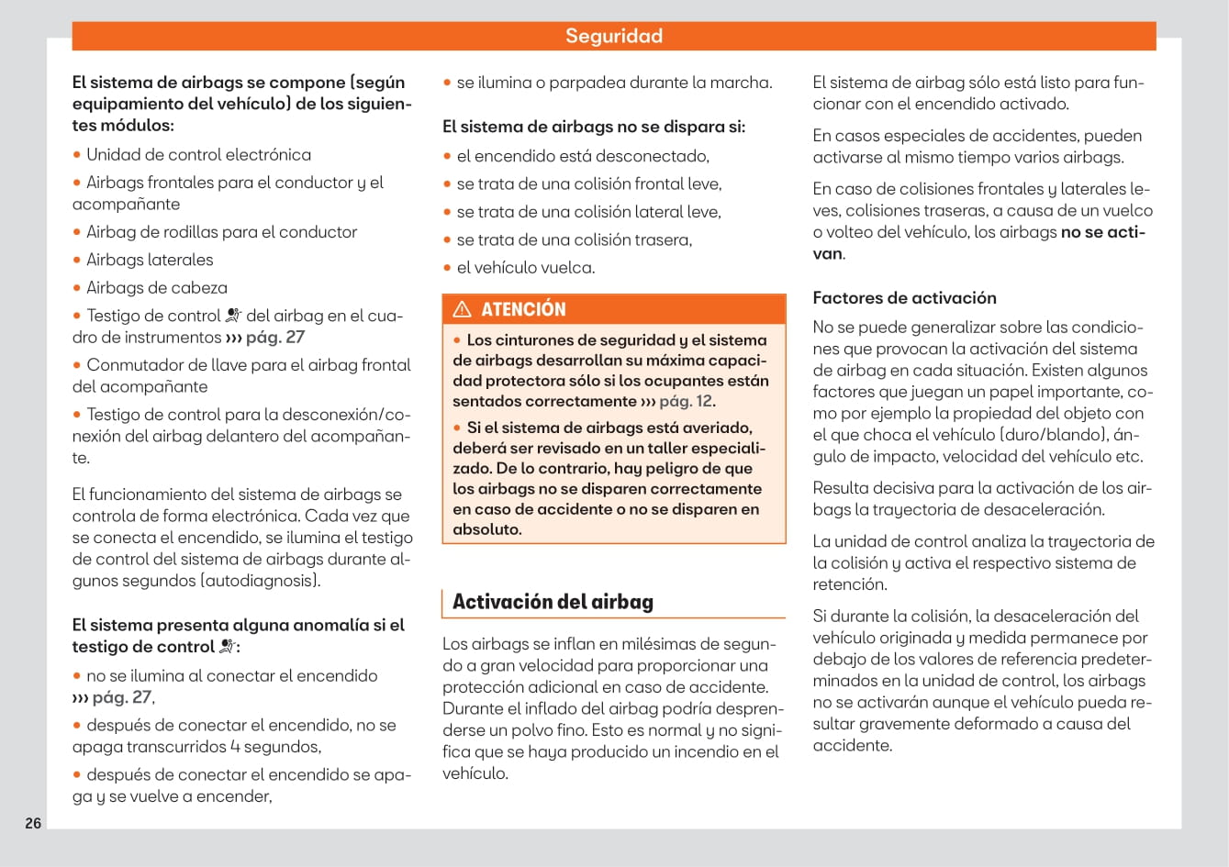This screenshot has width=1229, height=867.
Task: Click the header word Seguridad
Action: (613, 36)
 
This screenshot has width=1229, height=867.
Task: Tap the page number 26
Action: (33, 823)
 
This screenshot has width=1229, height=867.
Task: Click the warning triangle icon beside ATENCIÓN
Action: (462, 309)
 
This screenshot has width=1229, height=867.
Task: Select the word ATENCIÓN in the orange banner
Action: (523, 309)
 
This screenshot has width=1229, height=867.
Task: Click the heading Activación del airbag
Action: (553, 602)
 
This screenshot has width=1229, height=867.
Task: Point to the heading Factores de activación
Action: (904, 297)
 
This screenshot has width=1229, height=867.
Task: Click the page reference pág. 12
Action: (686, 401)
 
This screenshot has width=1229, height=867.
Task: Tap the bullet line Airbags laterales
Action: (150, 260)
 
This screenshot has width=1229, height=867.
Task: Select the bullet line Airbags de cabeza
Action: (156, 287)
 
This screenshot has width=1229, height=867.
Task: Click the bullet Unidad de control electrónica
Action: (198, 154)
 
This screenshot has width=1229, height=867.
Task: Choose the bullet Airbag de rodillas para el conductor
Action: (221, 232)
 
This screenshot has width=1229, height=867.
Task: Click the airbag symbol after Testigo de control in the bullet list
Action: (233, 315)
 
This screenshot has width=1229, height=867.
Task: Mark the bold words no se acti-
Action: (1102, 232)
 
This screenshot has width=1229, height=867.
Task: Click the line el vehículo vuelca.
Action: (525, 268)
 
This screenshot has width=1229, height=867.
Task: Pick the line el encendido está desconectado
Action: (583, 156)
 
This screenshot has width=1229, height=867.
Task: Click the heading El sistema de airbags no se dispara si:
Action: (594, 127)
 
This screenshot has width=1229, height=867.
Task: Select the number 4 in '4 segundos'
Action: (235, 747)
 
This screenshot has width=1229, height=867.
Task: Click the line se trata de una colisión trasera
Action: (574, 239)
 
